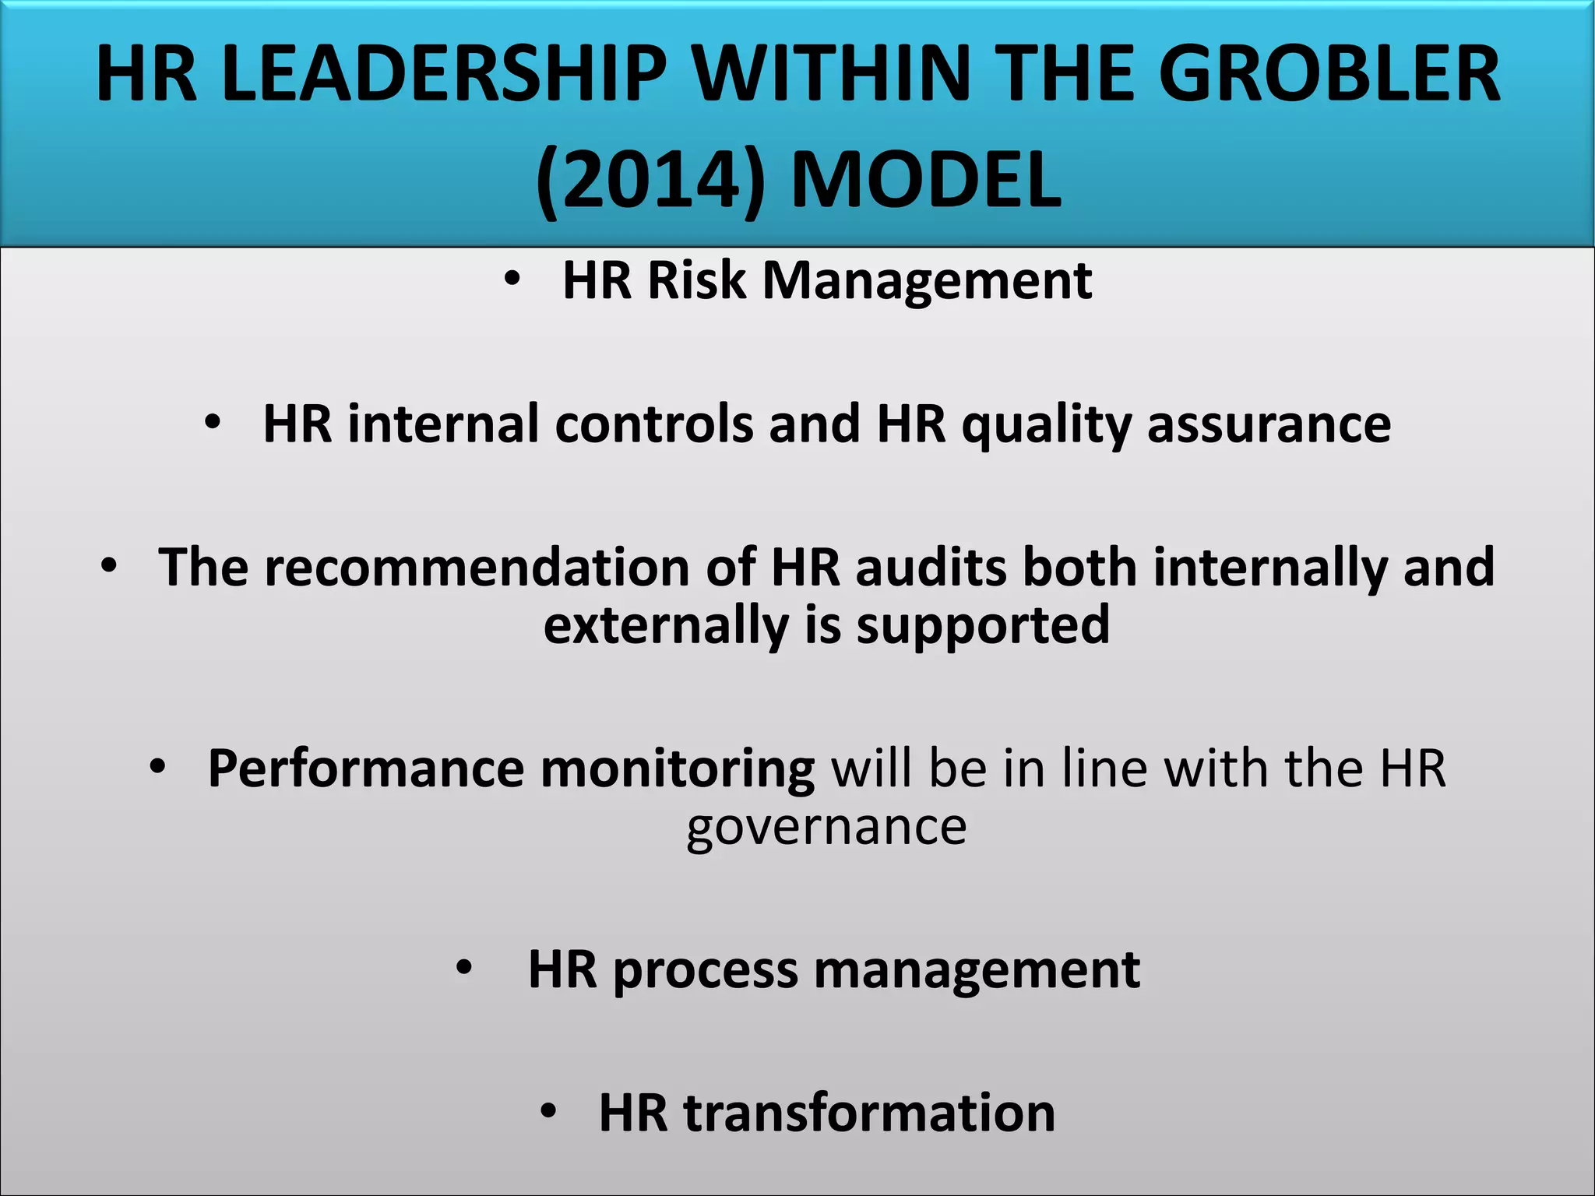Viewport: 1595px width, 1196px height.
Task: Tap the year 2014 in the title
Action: click(x=650, y=181)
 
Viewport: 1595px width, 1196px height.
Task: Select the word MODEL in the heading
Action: click(x=926, y=181)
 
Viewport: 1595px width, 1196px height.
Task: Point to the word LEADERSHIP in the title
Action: click(x=444, y=76)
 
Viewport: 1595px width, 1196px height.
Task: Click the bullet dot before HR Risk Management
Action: click(x=511, y=280)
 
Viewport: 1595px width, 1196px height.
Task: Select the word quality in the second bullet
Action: click(x=1046, y=425)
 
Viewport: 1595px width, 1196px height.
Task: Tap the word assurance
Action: click(x=1269, y=425)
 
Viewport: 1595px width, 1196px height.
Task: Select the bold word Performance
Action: click(x=366, y=769)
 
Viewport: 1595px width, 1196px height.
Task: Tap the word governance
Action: click(x=826, y=827)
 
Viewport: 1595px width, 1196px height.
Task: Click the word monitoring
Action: click(x=678, y=769)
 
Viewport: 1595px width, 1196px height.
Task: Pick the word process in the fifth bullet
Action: click(x=706, y=971)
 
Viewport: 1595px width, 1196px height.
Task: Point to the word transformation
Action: click(x=869, y=1113)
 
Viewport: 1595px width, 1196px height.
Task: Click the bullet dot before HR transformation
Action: click(x=549, y=1112)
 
